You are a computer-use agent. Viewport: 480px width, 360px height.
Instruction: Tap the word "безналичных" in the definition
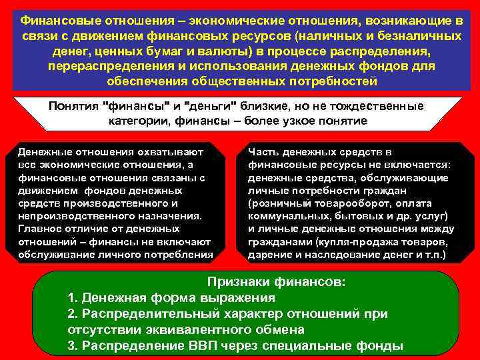(x=422, y=35)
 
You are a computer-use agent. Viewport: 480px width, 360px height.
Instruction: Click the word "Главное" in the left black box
(x=41, y=229)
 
